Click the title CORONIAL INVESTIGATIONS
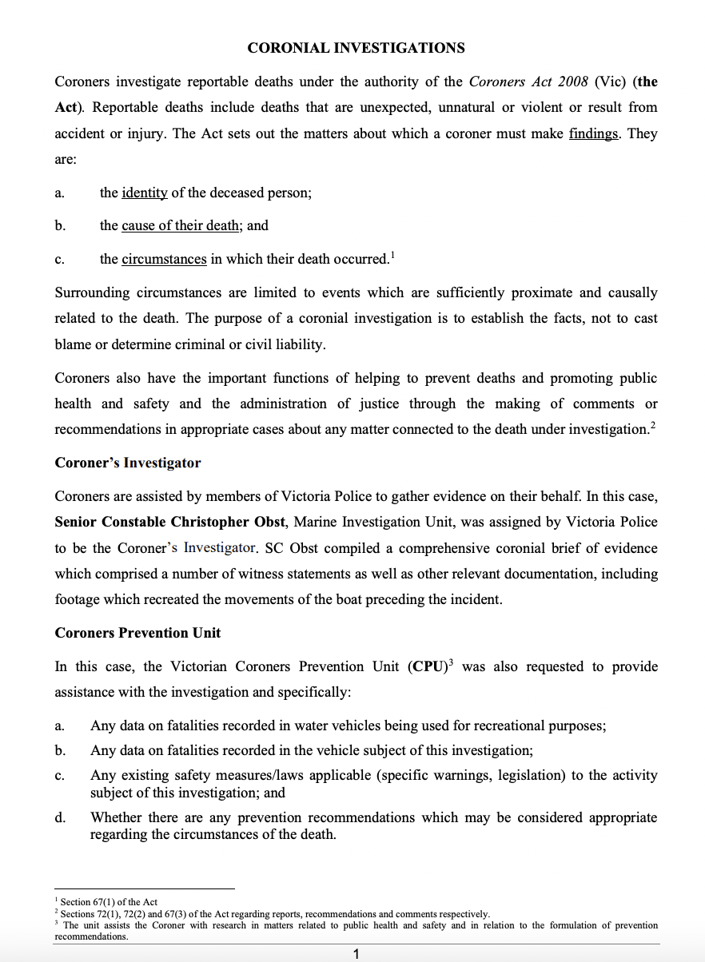pos(356,48)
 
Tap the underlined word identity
pos(144,193)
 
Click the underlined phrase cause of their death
pos(181,226)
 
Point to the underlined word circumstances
pos(164,259)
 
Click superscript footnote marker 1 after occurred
pos(392,255)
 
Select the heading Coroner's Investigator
pos(128,463)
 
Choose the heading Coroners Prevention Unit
pos(137,633)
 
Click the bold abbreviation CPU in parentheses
pos(427,666)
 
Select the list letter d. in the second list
pos(60,817)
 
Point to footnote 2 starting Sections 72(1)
pos(272,913)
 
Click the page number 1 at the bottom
pos(356,953)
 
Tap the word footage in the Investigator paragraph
pos(79,599)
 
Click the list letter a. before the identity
pos(59,193)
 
